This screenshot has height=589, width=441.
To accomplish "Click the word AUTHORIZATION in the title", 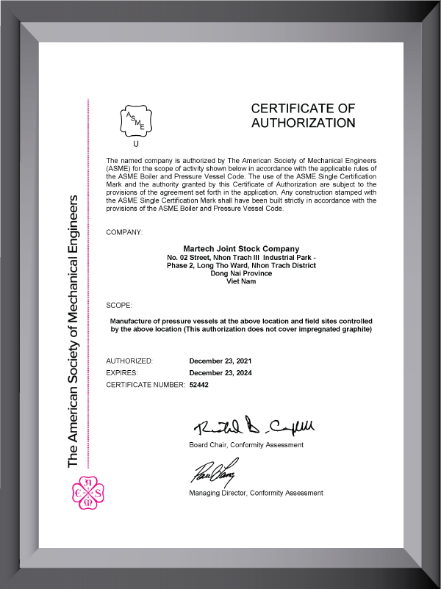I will tap(303, 123).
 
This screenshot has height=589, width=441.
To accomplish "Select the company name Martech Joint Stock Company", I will tap(241, 248).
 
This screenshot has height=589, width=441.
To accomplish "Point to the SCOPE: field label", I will tap(119, 303).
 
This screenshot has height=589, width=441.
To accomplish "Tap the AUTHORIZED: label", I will tap(129, 361).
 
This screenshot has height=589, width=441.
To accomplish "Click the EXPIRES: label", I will tap(123, 373).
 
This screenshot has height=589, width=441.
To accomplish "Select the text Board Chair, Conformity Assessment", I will tap(246, 445).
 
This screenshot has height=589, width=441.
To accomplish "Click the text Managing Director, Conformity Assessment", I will tap(256, 493).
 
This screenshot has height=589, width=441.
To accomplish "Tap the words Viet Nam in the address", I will tap(241, 281).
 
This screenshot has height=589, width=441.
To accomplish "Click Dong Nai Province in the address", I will tap(241, 273).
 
